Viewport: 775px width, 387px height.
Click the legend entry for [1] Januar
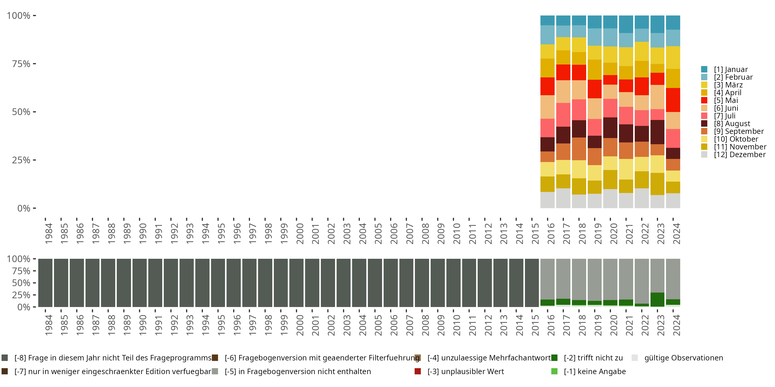731,69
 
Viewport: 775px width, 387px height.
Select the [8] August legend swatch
704,124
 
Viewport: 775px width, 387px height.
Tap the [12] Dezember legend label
740,155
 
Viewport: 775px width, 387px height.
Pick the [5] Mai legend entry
726,100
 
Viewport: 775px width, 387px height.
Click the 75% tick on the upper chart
21,64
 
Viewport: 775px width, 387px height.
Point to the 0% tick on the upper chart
24,208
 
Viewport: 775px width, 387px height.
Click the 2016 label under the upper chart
551,233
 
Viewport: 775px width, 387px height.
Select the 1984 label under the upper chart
49,233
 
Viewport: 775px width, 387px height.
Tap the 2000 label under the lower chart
300,325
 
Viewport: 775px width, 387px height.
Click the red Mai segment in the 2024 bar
673,100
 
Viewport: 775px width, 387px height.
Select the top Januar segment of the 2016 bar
547,20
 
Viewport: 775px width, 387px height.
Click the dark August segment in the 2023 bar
657,132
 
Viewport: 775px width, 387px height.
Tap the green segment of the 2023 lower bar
657,300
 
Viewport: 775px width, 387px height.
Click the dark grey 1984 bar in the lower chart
45,283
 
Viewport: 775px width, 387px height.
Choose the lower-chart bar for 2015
532,283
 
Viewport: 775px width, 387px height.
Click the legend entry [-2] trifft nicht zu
593,358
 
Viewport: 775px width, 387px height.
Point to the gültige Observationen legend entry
683,358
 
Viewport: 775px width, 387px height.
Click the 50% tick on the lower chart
21,283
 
